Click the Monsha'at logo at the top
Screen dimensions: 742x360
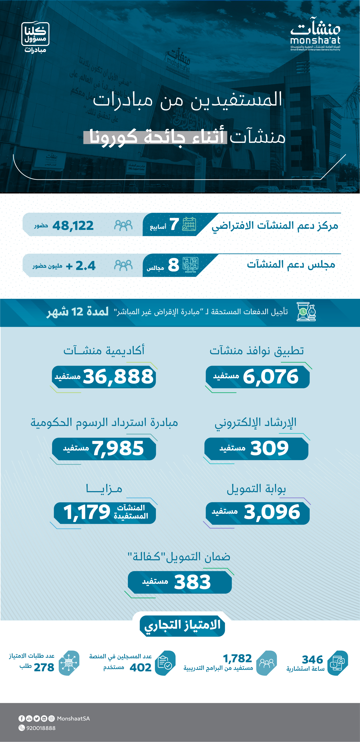click(315, 34)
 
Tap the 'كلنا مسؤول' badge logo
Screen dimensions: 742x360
click(35, 34)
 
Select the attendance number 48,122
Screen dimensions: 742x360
click(73, 225)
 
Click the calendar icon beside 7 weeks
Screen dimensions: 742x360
click(189, 224)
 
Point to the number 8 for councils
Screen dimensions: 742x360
click(174, 265)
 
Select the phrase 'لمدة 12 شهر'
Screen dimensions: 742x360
click(78, 312)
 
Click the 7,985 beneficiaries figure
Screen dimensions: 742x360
click(118, 448)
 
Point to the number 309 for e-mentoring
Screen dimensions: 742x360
click(269, 448)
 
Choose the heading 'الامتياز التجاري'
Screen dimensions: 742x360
click(182, 625)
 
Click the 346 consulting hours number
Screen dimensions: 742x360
click(312, 659)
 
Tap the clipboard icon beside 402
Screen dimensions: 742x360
click(165, 663)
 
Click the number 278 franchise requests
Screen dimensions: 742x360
click(44, 667)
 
